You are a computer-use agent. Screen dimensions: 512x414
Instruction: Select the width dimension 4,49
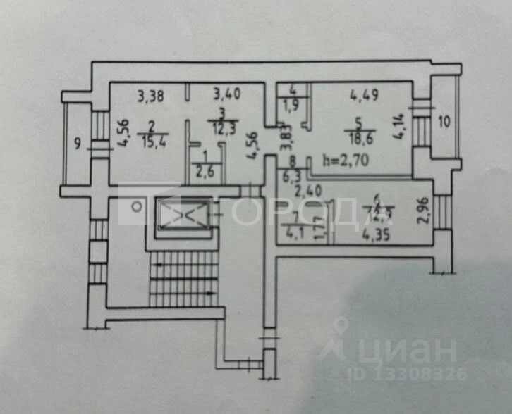pyautogui.click(x=365, y=92)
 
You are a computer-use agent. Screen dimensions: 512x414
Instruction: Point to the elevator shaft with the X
pyautogui.click(x=182, y=212)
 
